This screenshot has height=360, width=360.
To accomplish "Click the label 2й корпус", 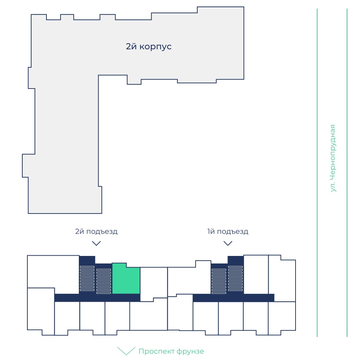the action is point(149,46).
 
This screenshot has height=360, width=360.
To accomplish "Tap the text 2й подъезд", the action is point(96,231).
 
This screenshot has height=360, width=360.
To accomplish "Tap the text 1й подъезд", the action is point(228,231).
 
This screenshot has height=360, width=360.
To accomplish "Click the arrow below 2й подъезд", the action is point(96,243).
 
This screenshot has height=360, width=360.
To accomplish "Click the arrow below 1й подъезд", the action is point(228,243).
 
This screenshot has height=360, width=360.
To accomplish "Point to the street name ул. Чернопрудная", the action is point(332,158).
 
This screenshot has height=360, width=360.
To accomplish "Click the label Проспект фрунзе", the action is point(171,351).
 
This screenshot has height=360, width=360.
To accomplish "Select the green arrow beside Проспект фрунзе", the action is point(126,351).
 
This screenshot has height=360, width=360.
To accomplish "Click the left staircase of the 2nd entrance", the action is point(87,279).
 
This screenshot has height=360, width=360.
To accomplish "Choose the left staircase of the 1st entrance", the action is point(219,281).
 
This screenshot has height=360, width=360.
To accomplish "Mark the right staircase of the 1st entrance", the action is point(235,279).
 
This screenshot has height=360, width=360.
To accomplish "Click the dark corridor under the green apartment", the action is point(97,298).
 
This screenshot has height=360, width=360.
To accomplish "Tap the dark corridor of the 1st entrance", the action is point(234,298).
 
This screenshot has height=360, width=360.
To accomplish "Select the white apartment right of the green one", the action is point(154,284).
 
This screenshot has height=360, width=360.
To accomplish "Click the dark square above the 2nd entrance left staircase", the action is point(87,261).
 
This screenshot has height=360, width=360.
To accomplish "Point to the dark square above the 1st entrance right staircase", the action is point(235,261).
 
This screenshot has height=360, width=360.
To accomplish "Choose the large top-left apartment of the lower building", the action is point(53,271).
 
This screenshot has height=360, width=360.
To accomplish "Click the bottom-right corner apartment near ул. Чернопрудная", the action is point(282,318).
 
